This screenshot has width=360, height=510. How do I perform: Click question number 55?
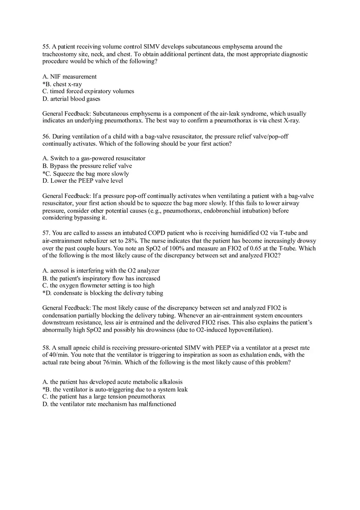pos(46,47)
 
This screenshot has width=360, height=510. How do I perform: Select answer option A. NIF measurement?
pos(70,76)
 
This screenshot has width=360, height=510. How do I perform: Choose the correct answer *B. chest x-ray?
pos(62,84)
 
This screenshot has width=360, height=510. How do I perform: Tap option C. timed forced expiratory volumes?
pos(88,91)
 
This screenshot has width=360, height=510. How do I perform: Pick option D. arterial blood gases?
pos(71,99)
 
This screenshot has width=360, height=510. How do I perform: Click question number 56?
pos(46,137)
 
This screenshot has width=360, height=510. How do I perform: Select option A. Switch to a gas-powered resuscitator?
pos(94,158)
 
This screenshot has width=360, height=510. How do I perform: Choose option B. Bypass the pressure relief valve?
pos(87,166)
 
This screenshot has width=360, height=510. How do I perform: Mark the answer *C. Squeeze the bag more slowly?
pos(85,173)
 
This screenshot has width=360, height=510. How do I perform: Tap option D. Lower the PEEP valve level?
pos(83,181)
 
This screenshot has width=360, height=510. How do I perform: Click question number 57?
pos(46,233)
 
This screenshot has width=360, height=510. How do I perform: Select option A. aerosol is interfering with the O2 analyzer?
pos(101,271)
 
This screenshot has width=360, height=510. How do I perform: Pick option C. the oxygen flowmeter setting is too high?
pos(98,285)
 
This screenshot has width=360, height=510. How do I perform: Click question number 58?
pos(46,348)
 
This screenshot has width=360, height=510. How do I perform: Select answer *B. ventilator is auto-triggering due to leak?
pos(115,389)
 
